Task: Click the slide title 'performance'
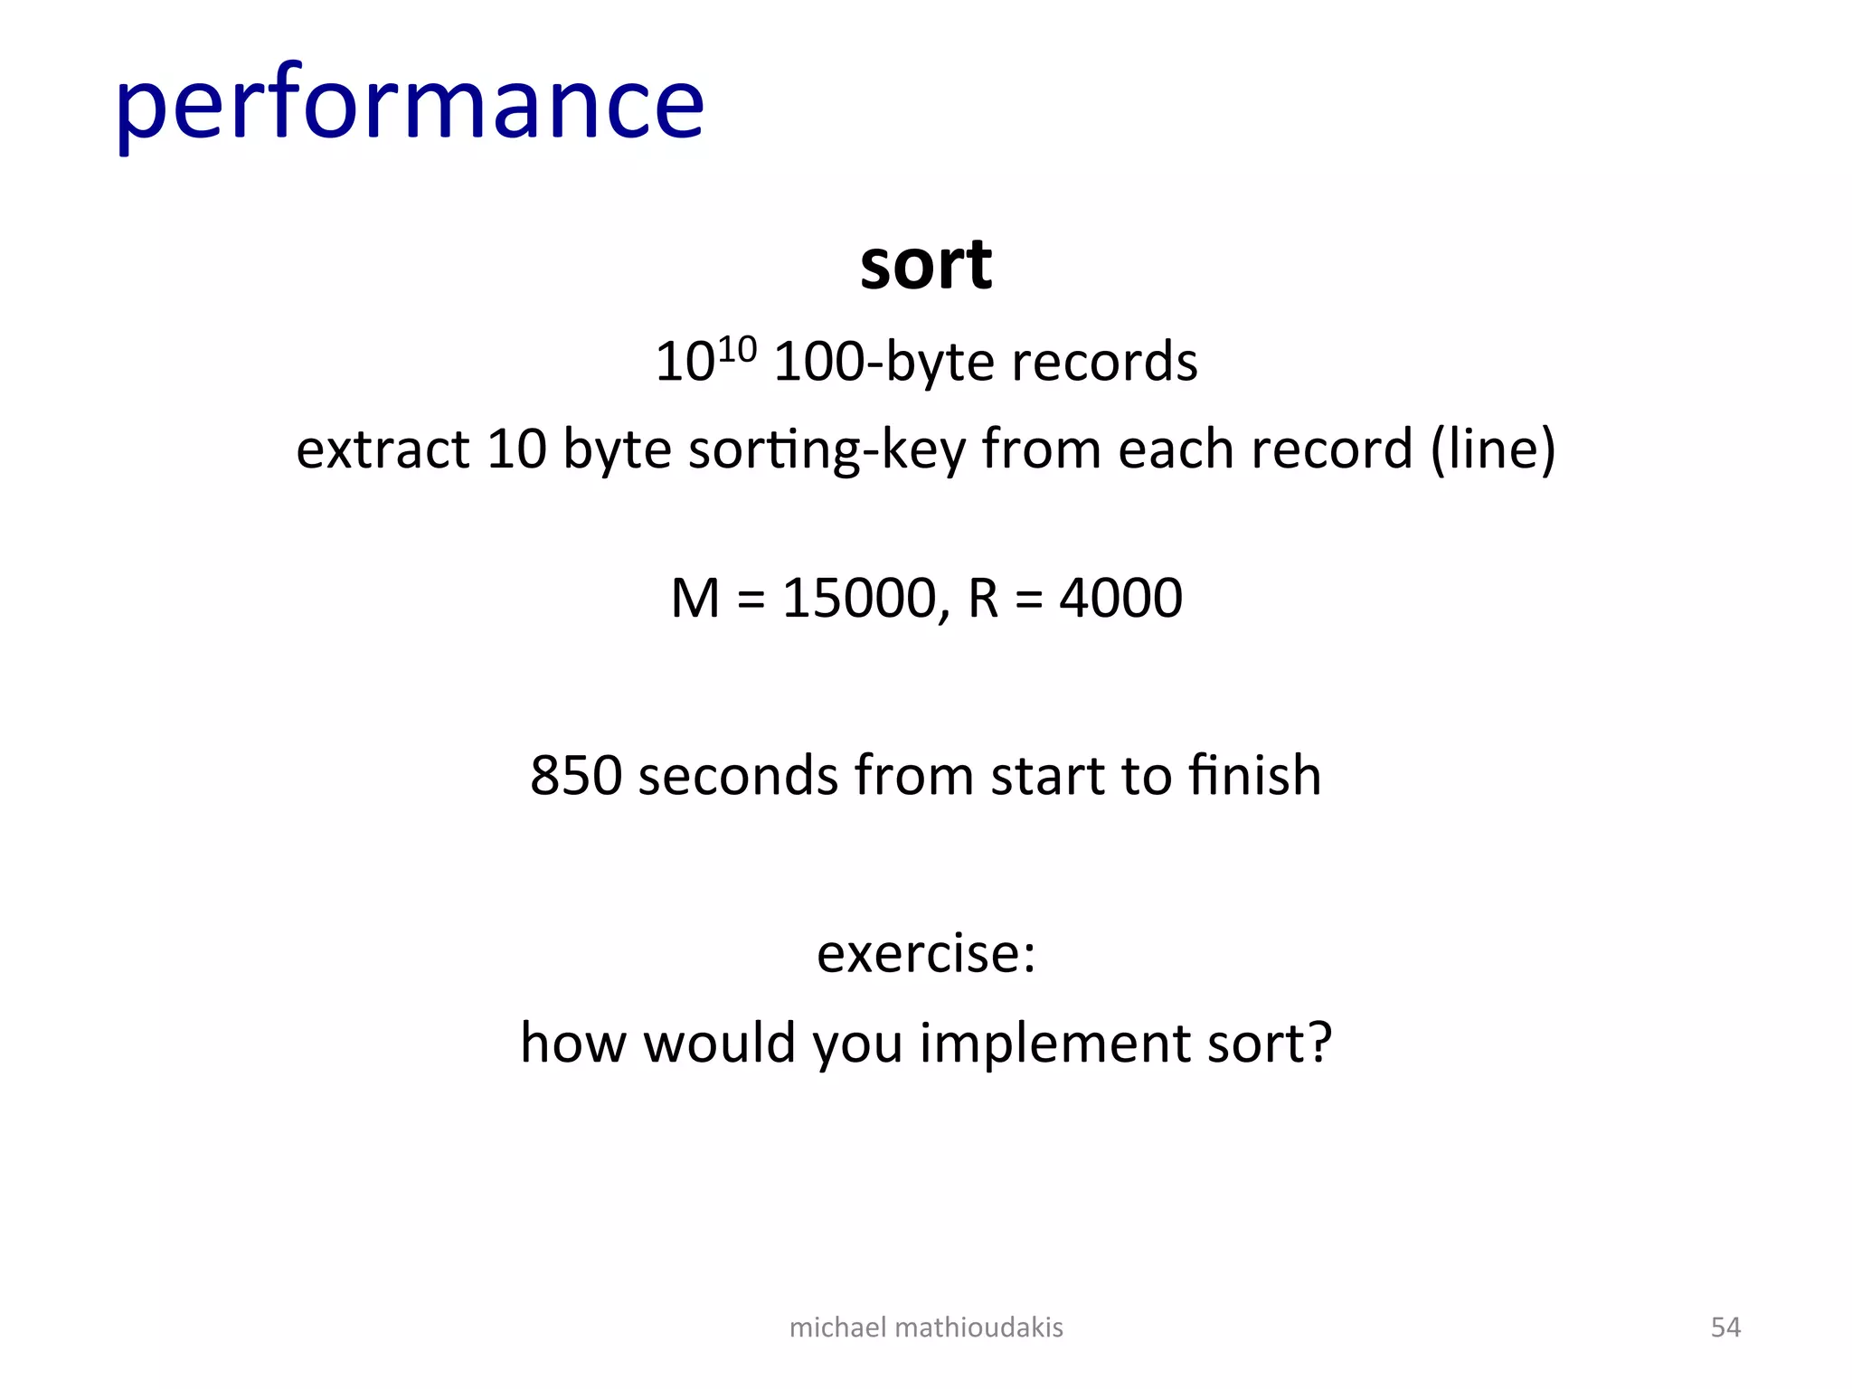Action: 409,104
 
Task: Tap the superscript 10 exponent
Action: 735,349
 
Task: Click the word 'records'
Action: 1104,362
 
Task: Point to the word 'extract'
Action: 383,449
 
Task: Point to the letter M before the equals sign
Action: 694,598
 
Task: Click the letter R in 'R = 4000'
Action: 983,598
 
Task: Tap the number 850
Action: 576,775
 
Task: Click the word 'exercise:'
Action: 925,953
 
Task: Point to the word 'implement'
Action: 1054,1044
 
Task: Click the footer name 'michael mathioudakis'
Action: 925,1327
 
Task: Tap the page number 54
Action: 1724,1327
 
